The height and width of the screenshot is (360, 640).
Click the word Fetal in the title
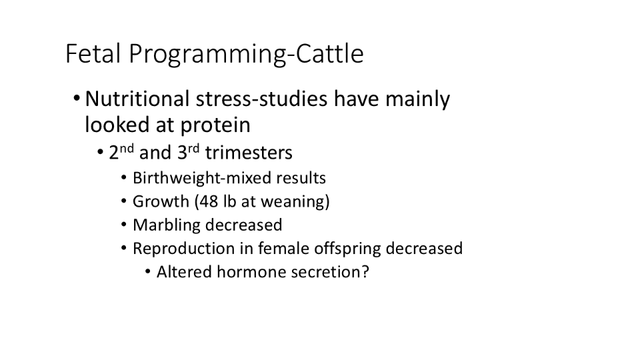[93, 53]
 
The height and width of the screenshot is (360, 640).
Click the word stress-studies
[261, 99]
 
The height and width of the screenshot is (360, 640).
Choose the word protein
[215, 125]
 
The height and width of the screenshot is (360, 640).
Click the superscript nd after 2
[127, 148]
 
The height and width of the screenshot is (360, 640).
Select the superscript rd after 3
[193, 148]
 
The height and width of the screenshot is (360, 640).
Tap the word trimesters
[249, 153]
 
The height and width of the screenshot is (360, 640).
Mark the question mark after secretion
[365, 272]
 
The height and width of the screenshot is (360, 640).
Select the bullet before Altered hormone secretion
[148, 271]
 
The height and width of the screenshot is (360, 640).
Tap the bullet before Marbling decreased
[124, 225]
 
